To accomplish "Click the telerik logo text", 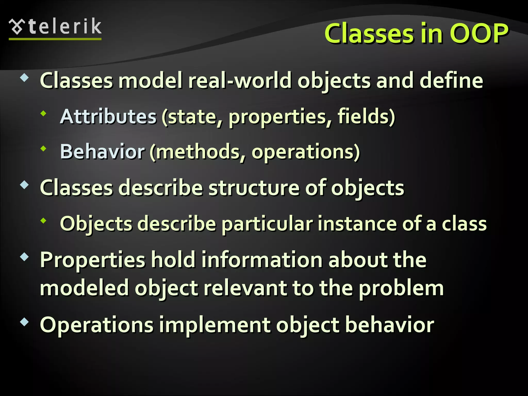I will pyautogui.click(x=65, y=27).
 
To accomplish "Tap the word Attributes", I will pyautogui.click(x=108, y=117).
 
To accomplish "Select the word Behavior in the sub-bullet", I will pyautogui.click(x=102, y=152).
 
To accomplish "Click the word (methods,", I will pyautogui.click(x=197, y=152).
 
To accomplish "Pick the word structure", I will pyautogui.click(x=254, y=188).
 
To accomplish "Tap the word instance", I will pyautogui.click(x=357, y=224).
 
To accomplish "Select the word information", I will pyautogui.click(x=262, y=260).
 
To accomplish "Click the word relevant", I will pyautogui.click(x=245, y=288).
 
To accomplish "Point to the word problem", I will pyautogui.click(x=401, y=288).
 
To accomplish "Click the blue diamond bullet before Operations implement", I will pyautogui.click(x=24, y=322).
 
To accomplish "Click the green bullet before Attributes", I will pyautogui.click(x=43, y=113).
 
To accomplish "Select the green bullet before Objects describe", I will pyautogui.click(x=43, y=220).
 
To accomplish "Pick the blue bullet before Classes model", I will pyautogui.click(x=24, y=77).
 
